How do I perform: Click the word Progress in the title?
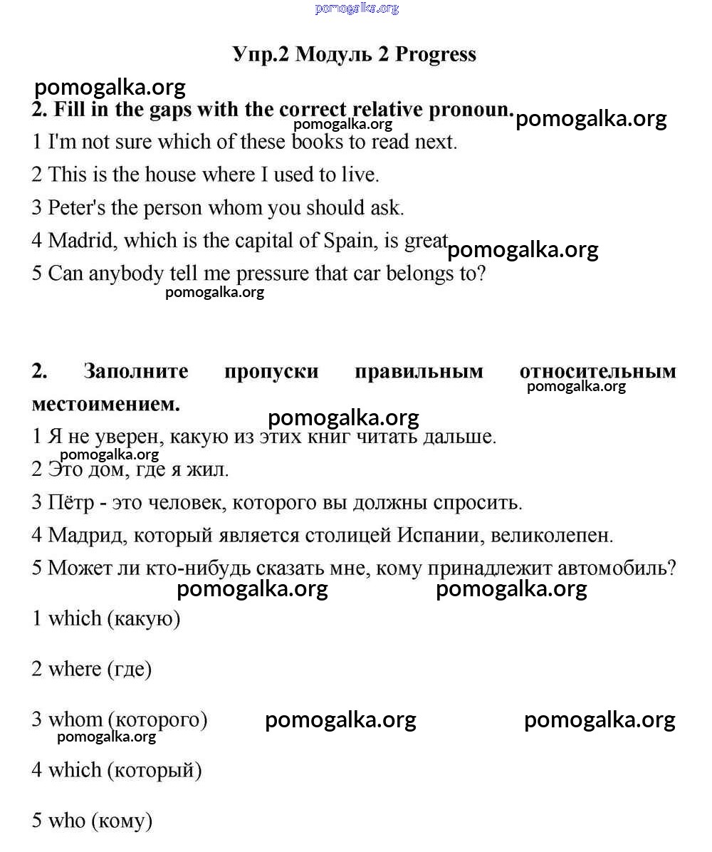[435, 55]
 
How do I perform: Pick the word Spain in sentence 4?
[348, 241]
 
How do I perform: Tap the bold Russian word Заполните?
[136, 372]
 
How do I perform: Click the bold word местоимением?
[106, 405]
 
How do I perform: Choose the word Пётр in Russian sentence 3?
[71, 503]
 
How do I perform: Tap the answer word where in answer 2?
[75, 669]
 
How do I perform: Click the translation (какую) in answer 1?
[144, 618]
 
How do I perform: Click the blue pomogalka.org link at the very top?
[357, 9]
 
